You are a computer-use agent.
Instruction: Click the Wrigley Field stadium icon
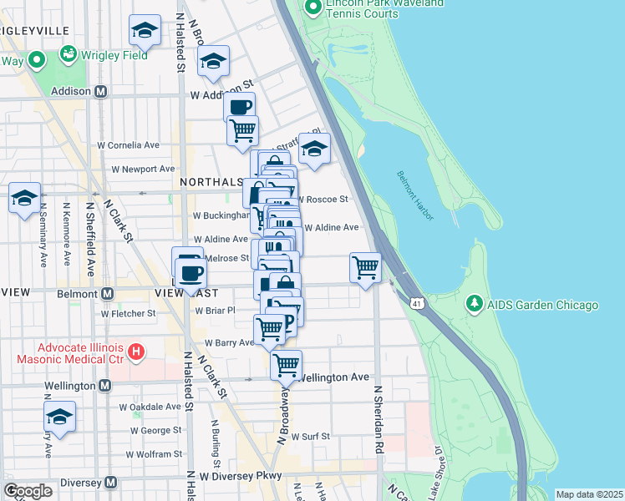point(69,54)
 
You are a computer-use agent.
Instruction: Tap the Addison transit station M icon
point(100,91)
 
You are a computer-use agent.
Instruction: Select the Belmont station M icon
point(108,294)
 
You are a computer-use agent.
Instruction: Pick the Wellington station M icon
point(104,386)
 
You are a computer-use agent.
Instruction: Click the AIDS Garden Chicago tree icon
point(474,302)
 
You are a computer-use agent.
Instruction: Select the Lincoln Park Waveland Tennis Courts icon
point(312,8)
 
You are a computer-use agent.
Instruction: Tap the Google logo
point(28,491)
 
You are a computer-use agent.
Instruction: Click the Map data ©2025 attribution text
point(589,494)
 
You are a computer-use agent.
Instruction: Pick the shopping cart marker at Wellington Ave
point(286,364)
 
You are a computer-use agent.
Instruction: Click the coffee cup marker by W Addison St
point(239,107)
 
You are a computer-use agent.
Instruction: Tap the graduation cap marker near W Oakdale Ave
point(59,417)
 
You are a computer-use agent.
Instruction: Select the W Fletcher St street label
point(128,314)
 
